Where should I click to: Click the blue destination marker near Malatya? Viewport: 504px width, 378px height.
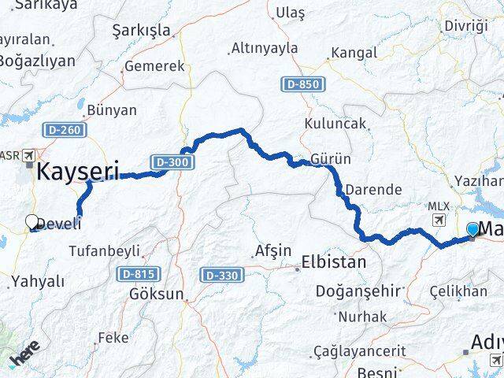click(x=472, y=229)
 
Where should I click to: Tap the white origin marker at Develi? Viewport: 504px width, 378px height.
click(x=32, y=223)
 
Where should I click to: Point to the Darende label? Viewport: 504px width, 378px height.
click(x=374, y=190)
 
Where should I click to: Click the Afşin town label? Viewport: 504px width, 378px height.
click(x=273, y=251)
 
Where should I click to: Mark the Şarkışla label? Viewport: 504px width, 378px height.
click(x=142, y=29)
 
